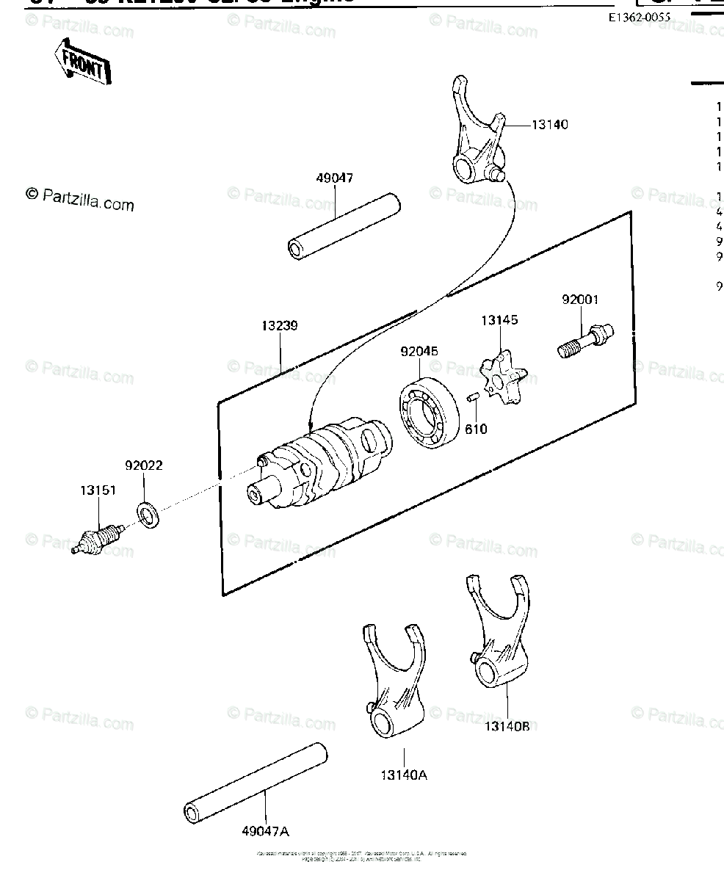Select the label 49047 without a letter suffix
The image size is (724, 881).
click(x=334, y=178)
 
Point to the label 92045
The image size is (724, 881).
click(x=419, y=352)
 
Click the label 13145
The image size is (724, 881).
click(x=499, y=319)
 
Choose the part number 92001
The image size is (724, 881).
click(x=580, y=300)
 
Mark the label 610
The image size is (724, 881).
click(x=476, y=429)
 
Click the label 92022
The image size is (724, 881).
click(x=143, y=465)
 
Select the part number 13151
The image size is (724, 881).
click(x=98, y=490)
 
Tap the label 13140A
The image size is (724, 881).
click(x=403, y=772)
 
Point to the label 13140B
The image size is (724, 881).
click(x=507, y=726)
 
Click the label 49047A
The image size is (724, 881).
click(x=265, y=831)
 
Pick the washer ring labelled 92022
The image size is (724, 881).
click(x=149, y=514)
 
